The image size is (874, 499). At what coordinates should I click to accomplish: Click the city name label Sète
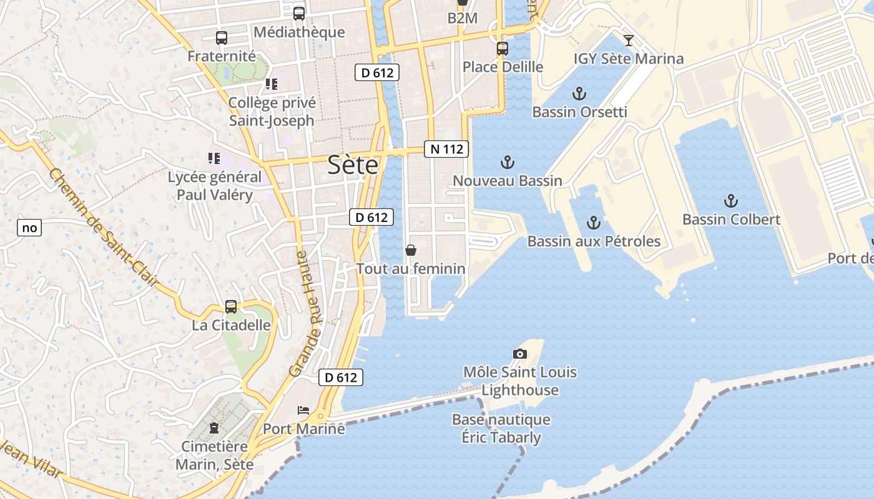353,165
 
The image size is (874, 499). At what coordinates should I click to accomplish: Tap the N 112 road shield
446,149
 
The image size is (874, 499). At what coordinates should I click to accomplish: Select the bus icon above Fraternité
222,38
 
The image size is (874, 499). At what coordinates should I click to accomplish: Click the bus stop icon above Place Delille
503,49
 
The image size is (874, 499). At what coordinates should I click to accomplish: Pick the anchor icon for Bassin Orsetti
579,94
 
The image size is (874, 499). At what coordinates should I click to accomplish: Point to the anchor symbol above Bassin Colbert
730,201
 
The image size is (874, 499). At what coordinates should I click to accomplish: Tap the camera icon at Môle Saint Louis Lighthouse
519,354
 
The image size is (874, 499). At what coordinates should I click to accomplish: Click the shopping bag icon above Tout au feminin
411,250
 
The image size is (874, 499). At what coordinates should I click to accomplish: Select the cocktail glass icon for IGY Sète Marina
629,41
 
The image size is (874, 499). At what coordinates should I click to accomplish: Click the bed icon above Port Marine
303,410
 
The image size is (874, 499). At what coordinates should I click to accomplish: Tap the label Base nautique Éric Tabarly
501,429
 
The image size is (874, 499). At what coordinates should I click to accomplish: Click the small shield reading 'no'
29,228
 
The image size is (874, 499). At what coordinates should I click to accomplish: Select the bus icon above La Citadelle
231,307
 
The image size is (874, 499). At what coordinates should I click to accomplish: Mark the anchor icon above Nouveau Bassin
508,163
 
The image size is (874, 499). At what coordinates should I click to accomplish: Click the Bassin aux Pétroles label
594,241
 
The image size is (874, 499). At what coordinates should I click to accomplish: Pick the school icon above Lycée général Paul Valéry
214,158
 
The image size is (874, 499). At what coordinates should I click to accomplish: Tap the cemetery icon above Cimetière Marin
214,428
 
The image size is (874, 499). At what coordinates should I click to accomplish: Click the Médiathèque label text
299,32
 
